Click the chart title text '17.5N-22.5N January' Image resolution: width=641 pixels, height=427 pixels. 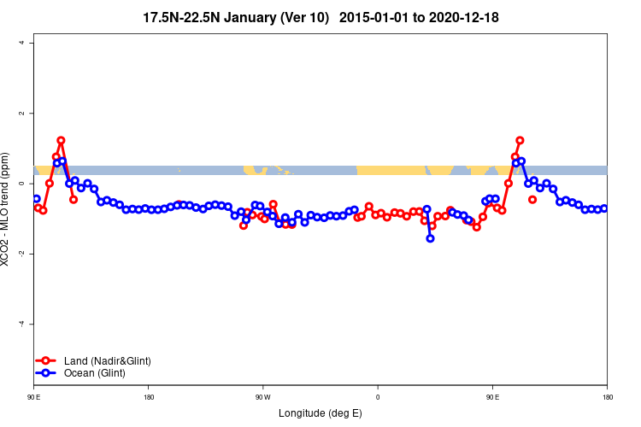[210, 16]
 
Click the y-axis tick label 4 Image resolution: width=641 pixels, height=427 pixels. [22, 43]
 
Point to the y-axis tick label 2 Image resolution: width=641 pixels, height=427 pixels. [22, 114]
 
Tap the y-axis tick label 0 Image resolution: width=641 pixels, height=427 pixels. [22, 184]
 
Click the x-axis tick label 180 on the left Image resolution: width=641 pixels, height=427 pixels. [149, 396]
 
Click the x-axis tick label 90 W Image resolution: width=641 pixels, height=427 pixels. [262, 396]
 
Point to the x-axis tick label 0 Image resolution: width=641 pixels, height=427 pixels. [378, 396]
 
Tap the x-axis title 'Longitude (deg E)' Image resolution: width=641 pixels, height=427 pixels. [320, 413]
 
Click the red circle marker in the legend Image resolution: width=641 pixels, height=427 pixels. [48, 361]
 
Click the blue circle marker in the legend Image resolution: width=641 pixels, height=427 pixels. [48, 373]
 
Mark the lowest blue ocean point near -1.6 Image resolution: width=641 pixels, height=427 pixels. [430, 238]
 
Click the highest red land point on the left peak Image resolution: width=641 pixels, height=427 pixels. [62, 140]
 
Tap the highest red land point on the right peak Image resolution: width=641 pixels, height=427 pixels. [520, 140]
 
